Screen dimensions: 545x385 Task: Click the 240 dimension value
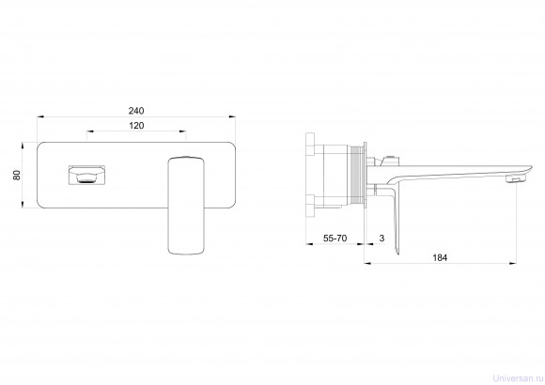pos(136,111)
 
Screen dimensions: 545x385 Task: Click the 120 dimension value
pos(136,126)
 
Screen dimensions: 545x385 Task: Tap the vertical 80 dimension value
pos(16,175)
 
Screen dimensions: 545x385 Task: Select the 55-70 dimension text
pos(335,239)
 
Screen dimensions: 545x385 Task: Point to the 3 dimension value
pos(382,239)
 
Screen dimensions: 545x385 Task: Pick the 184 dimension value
pos(440,258)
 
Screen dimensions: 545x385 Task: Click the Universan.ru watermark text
pos(519,378)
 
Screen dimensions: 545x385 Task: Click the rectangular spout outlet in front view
pos(86,175)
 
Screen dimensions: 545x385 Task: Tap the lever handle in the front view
pos(186,206)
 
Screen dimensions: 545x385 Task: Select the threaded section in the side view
pos(356,176)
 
